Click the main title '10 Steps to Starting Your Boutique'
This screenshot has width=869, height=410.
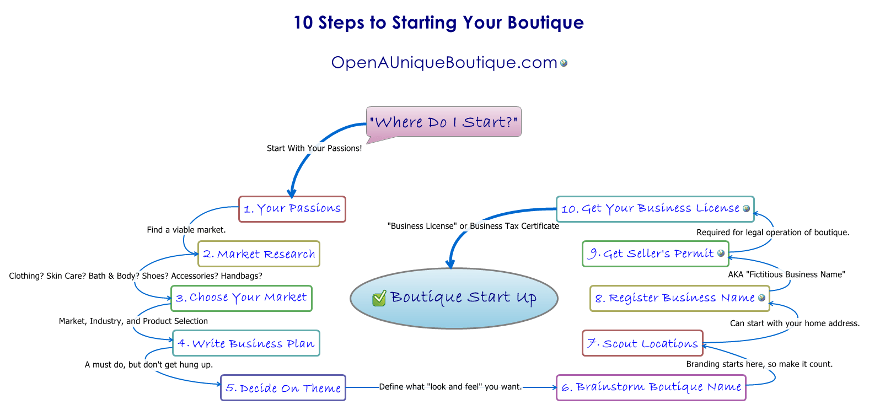[438, 23]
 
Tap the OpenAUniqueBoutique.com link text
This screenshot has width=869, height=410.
[444, 63]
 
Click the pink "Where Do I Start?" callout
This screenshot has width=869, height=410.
[443, 122]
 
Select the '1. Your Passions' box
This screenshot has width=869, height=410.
[292, 209]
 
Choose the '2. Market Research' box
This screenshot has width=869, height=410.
[259, 254]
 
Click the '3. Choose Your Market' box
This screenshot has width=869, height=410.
[241, 298]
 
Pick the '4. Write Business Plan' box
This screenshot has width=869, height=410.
[246, 343]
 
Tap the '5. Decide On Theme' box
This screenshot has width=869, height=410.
[283, 388]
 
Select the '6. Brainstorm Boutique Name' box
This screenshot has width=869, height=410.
[651, 387]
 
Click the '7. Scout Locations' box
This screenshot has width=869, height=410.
[642, 343]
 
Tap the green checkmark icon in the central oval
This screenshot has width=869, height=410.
[379, 298]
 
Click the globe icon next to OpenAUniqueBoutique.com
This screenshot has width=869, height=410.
[564, 63]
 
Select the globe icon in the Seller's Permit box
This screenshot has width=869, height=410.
[721, 253]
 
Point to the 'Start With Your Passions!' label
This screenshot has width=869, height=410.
[314, 148]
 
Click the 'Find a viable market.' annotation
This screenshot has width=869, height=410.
[186, 230]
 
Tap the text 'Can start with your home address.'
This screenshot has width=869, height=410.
[795, 323]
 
